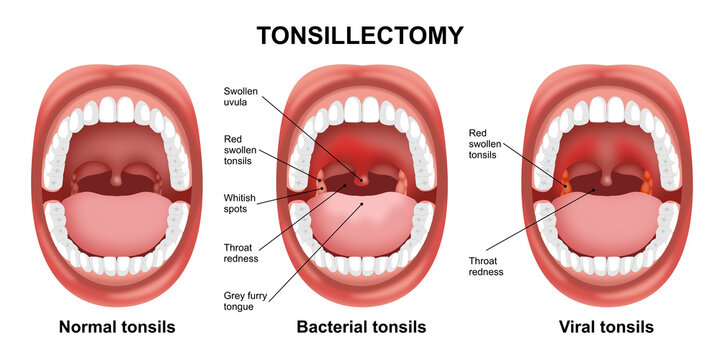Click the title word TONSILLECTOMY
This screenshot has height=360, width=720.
(x=360, y=36)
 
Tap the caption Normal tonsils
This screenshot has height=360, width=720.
(x=117, y=327)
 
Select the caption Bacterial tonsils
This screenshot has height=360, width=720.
(x=361, y=327)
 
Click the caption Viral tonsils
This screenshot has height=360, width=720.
(x=608, y=327)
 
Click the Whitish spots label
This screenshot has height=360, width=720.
(x=242, y=203)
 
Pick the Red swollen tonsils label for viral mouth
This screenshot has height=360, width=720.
(x=488, y=142)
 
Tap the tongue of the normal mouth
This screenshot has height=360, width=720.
(x=118, y=225)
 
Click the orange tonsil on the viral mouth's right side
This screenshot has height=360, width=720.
(x=647, y=182)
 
